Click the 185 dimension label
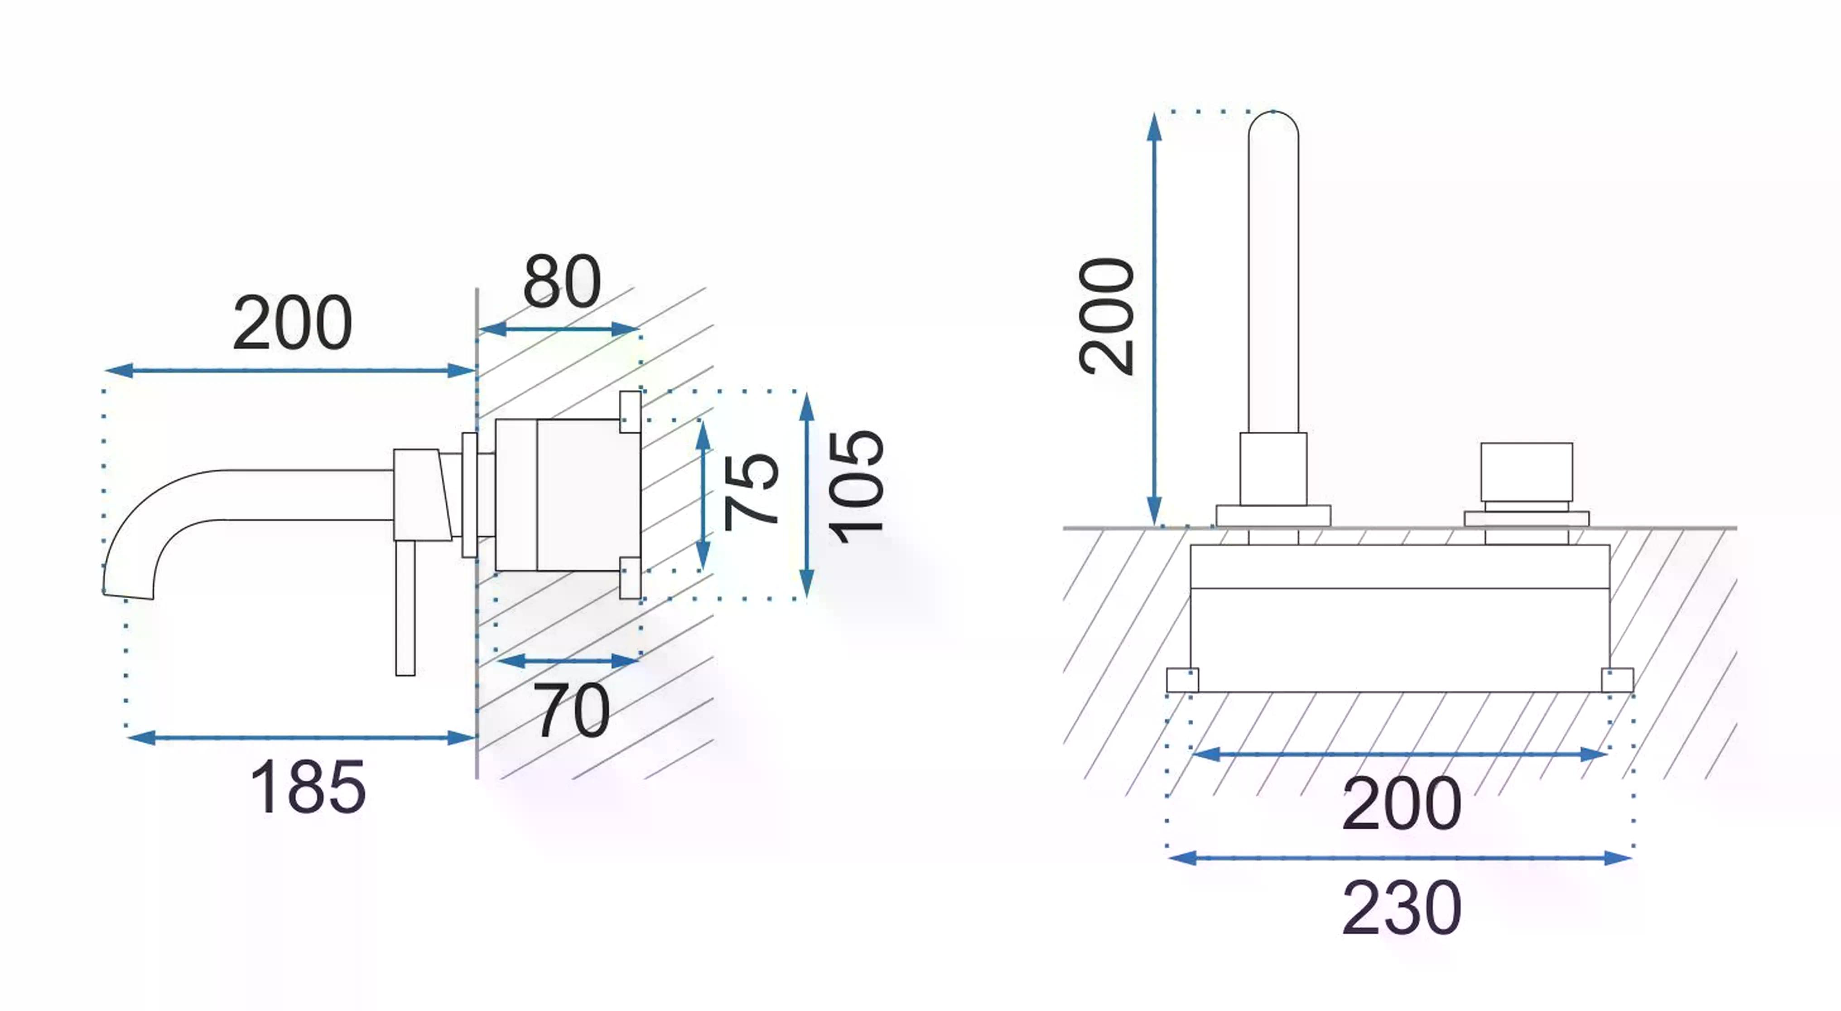pyautogui.click(x=308, y=787)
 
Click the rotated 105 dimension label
pyautogui.click(x=856, y=488)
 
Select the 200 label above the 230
pyautogui.click(x=1402, y=803)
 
